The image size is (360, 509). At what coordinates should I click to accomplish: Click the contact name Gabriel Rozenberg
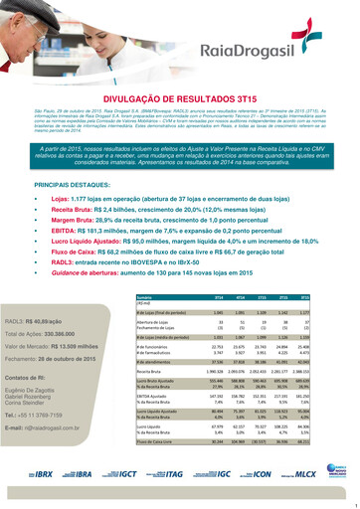pos(39,400)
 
